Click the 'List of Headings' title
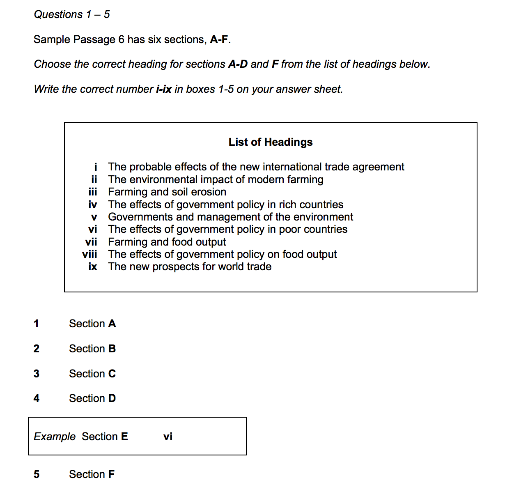271,142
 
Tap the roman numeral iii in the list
93,192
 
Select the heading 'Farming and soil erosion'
167,192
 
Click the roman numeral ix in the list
93,267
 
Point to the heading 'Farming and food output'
167,242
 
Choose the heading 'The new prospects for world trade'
190,267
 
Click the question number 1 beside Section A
37,324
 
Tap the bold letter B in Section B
112,349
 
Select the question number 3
37,374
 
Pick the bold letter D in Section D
112,398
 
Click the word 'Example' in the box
55,436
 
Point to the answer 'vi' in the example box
168,437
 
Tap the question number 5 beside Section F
37,474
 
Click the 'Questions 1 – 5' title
72,14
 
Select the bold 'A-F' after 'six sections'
219,39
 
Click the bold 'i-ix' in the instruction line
164,89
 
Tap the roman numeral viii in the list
90,254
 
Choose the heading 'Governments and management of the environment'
230,217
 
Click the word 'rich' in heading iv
286,205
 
